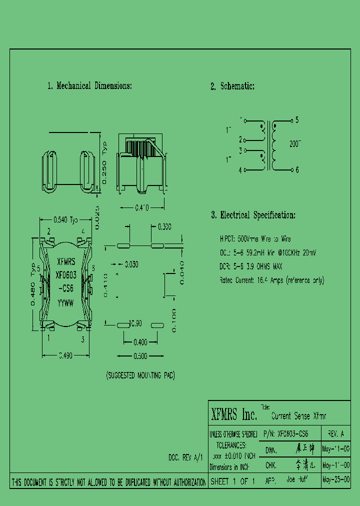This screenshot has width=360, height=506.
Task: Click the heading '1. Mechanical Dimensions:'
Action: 89,86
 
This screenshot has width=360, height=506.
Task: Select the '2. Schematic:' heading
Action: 232,86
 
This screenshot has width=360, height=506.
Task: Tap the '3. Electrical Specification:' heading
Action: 253,215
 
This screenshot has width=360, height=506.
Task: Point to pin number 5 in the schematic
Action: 297,120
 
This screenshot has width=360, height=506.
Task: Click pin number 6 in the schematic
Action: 297,170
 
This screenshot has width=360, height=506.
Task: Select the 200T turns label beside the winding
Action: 295,143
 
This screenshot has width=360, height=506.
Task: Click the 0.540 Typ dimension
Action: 66,219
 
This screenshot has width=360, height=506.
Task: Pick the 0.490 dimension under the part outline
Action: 65,355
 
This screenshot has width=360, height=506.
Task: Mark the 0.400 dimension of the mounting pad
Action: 140,342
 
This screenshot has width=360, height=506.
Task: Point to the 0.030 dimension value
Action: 131,263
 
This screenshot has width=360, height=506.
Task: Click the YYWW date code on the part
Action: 65,302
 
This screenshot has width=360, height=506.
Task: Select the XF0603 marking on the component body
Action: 66,275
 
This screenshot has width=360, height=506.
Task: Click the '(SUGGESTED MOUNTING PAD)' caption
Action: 140,375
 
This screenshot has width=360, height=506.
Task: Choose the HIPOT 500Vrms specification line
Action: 255,239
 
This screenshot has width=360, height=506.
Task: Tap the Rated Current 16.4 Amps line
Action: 271,280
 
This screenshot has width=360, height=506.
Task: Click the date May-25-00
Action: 336,479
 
